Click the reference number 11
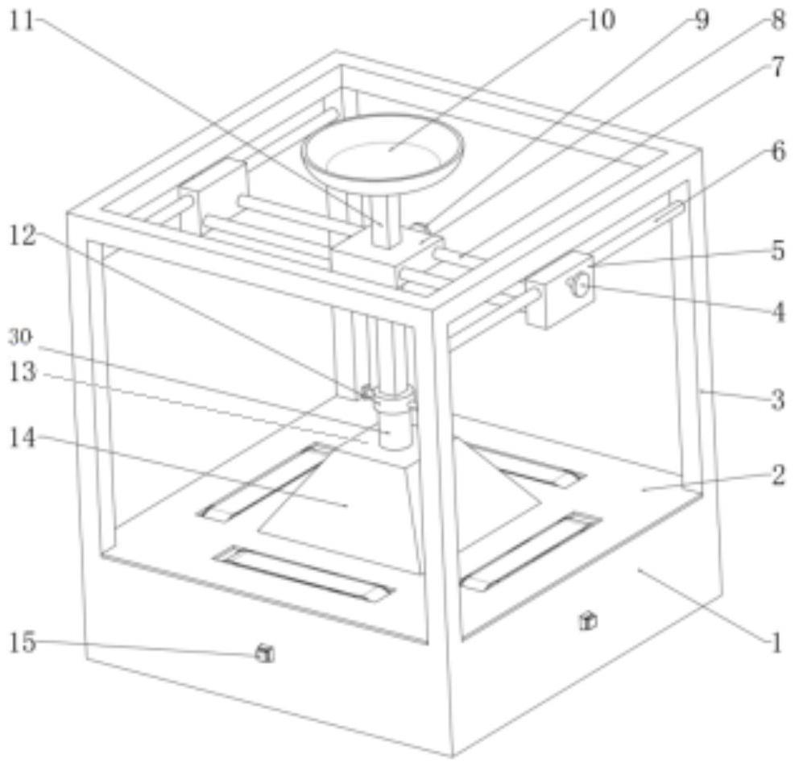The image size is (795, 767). coord(23,22)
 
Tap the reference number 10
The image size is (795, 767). coord(601,21)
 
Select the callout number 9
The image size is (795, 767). coord(702,21)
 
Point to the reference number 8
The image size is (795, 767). coord(777,21)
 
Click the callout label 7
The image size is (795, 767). coord(778,67)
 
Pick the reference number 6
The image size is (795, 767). coord(778,151)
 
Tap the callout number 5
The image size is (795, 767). coord(778,250)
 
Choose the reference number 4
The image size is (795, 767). coord(778,312)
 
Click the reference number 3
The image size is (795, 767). coord(778,400)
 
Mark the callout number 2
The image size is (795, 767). coord(778,475)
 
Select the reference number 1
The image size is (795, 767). coord(776,644)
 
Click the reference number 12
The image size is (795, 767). coord(23,236)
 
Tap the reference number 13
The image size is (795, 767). coord(23,372)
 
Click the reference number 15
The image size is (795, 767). coord(23,642)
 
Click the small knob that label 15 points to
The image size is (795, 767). coord(265,653)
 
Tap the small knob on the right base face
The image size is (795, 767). coord(588,620)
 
